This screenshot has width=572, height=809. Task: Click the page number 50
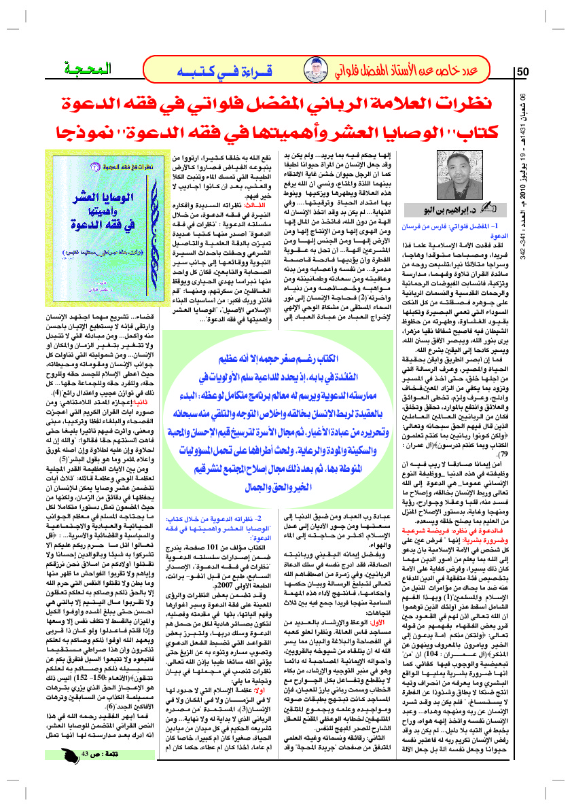(523, 71)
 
